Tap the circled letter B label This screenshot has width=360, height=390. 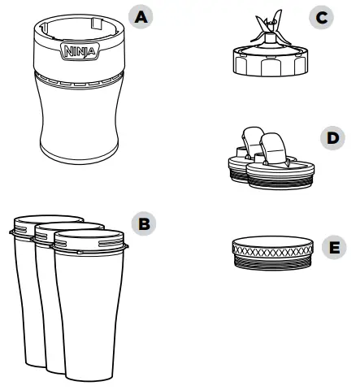tap(145, 224)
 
